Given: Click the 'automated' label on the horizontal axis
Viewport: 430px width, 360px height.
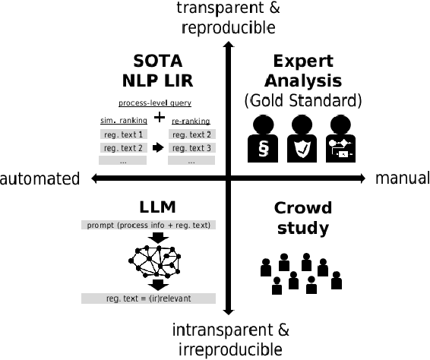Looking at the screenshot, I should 40,178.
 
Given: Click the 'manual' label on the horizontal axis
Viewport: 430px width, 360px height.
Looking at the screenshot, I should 402,178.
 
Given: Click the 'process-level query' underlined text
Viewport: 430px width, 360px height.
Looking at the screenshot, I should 154,103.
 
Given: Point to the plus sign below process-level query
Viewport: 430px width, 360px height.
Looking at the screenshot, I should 160,117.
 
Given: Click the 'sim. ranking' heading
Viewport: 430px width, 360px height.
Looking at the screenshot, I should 122,120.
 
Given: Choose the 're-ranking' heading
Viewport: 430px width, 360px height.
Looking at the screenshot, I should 191,120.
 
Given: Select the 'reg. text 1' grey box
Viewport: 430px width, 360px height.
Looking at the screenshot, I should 123,134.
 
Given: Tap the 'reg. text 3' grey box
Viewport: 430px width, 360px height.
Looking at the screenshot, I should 191,147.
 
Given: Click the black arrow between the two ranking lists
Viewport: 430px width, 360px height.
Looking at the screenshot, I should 157,147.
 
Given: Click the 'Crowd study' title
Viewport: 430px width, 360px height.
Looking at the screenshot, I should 302,217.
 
